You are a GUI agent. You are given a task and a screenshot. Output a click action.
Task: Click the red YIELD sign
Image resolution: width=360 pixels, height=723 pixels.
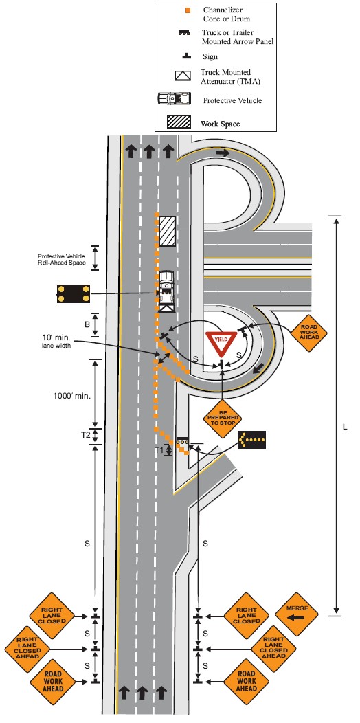pos(221,342)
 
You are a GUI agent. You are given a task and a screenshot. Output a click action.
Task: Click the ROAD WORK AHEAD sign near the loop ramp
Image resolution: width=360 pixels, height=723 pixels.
pos(308,331)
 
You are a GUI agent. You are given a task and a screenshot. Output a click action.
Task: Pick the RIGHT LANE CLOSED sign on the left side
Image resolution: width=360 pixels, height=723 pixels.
pos(52,616)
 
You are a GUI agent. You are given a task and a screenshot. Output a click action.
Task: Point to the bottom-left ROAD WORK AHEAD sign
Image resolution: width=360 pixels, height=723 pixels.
pos(52,681)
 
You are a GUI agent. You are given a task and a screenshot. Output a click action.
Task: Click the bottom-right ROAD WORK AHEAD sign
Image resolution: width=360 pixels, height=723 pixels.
pos(246,682)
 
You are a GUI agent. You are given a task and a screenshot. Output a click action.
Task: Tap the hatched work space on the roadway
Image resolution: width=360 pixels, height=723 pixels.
pos(168,230)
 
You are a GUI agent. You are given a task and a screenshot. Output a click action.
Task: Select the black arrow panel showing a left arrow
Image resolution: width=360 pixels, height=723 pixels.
pos(251,440)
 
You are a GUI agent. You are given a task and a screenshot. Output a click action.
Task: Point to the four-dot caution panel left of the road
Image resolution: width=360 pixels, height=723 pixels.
pos(74,293)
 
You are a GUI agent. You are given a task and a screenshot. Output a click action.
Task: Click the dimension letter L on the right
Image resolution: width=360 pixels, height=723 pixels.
pos(344,427)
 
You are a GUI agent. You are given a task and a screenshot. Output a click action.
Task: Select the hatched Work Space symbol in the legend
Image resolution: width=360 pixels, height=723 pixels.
pos(179,122)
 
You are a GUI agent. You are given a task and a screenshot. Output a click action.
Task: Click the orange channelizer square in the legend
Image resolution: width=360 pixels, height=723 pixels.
pos(186,10)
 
